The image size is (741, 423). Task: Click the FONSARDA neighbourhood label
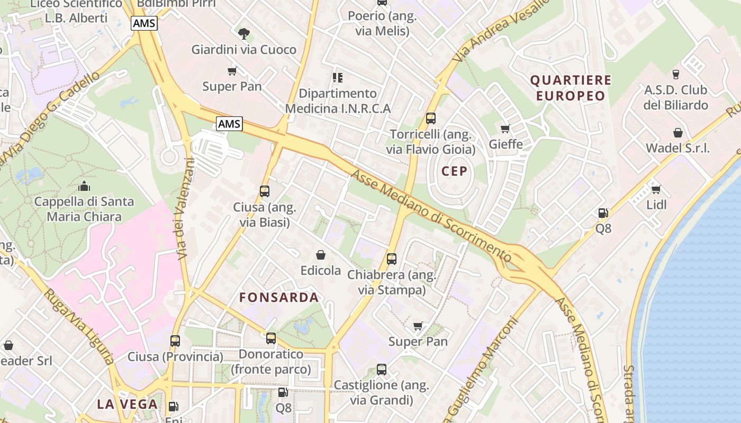(279, 297)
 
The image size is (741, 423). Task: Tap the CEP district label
(454, 171)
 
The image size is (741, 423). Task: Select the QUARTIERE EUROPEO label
(571, 88)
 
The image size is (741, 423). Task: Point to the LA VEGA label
(127, 404)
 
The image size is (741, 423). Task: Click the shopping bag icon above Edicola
(320, 255)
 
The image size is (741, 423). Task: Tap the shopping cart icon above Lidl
(656, 189)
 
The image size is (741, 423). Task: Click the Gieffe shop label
(505, 144)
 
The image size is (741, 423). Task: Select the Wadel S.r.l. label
(677, 148)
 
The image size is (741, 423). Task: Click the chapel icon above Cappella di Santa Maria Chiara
(84, 186)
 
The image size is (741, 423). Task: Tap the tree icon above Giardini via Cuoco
(243, 34)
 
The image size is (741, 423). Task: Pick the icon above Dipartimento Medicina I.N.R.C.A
(337, 78)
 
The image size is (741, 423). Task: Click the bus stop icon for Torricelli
(431, 118)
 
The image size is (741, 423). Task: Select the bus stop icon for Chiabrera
(392, 259)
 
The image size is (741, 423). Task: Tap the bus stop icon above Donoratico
(271, 338)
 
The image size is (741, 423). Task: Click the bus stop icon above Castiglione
(382, 370)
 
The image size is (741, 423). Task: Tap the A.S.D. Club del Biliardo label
(675, 97)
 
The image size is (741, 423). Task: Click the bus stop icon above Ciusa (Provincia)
(175, 341)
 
